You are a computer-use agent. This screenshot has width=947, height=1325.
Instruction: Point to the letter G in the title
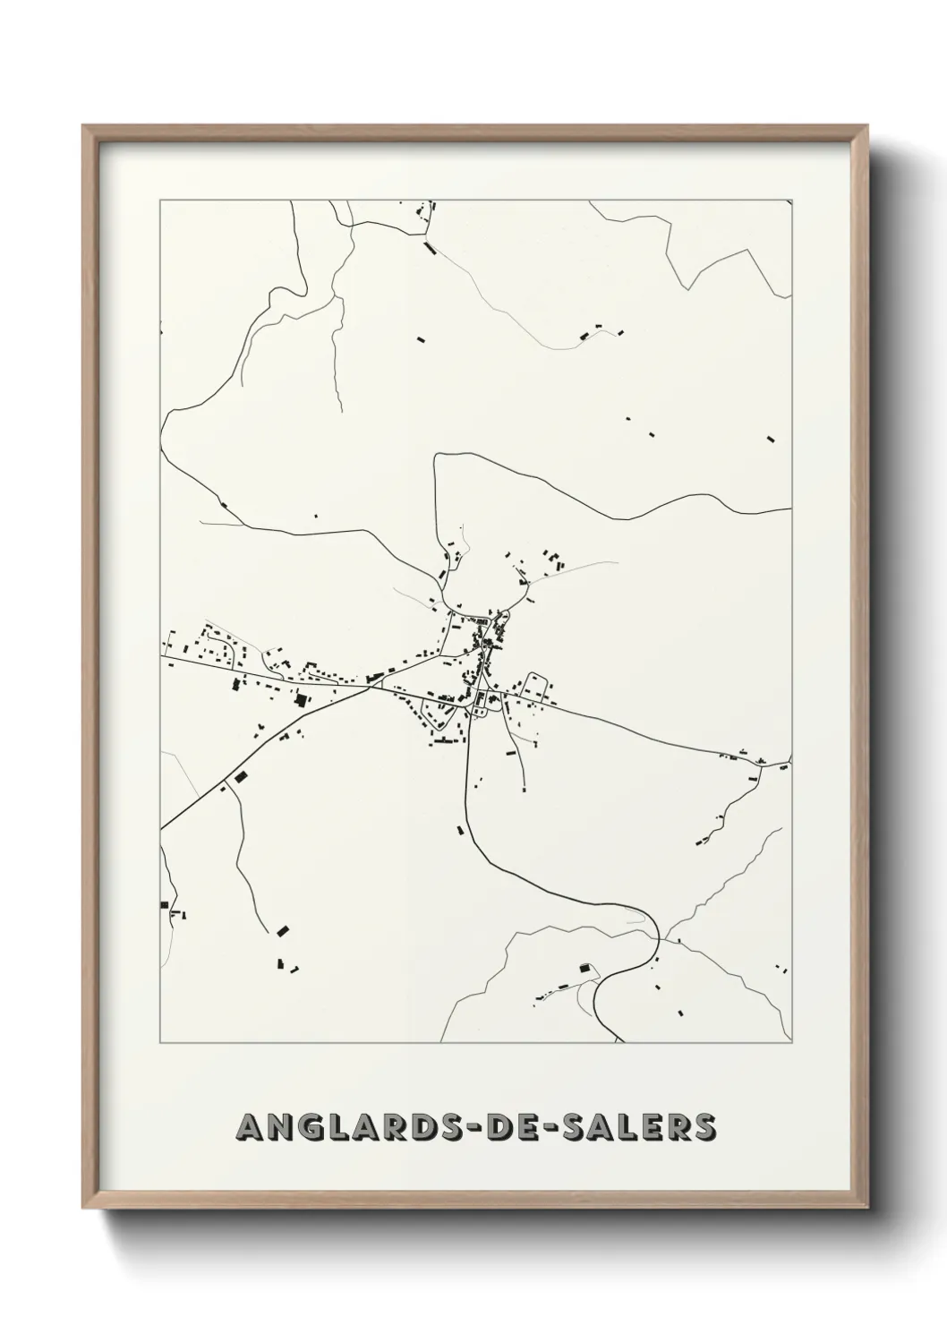[x=310, y=1128]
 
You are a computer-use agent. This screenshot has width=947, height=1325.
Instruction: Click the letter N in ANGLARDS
[x=278, y=1128]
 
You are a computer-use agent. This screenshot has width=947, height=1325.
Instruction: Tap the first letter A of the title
[x=248, y=1128]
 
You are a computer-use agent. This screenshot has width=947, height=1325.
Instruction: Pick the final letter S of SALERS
[x=704, y=1128]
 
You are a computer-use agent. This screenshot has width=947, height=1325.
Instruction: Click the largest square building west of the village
[x=302, y=700]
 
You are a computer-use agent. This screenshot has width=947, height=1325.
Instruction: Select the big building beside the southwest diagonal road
[x=239, y=776]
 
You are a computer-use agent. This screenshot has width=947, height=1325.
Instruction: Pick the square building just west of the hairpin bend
[x=586, y=968]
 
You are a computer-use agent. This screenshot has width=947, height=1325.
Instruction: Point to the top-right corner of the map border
[x=791, y=201]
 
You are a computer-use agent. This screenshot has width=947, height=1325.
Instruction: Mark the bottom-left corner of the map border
[x=160, y=1043]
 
